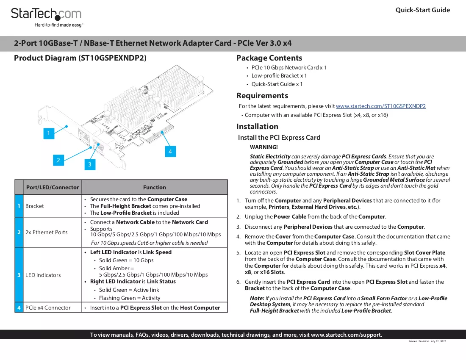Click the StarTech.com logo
tap(46, 17)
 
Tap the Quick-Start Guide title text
tap(423, 10)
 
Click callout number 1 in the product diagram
tap(49, 133)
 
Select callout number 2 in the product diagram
tap(58, 160)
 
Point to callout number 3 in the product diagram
tap(90, 164)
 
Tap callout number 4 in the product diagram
tap(170, 152)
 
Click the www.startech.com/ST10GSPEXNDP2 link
tap(381, 106)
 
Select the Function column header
tap(155, 188)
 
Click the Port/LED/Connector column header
tap(53, 188)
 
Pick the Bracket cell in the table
tap(34, 206)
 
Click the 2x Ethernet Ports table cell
tap(46, 232)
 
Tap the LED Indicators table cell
tap(43, 275)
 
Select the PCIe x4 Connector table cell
tap(48, 308)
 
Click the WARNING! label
tap(264, 147)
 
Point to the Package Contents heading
tap(269, 58)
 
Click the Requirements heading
tap(262, 96)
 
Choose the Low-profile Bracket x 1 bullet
tap(279, 76)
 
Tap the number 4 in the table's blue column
tap(19, 308)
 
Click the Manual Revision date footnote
tap(427, 341)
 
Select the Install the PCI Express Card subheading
tap(279, 138)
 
